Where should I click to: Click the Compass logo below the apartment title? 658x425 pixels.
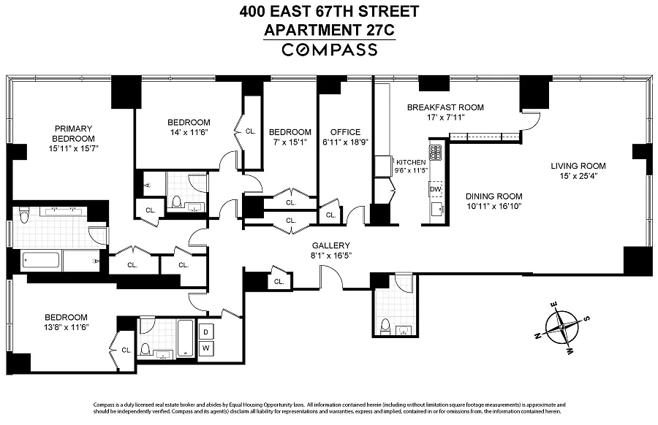point(330,50)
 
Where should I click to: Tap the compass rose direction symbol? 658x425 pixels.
point(561,327)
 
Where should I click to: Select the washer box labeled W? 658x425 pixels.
point(206,348)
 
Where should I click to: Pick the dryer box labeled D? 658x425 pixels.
point(206,332)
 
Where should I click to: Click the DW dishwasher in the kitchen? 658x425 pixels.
point(436,189)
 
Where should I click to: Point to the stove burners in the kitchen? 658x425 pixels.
point(436,152)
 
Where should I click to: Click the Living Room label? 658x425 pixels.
point(578,166)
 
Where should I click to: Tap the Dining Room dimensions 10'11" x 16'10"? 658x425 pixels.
point(494,206)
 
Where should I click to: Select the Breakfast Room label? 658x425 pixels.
point(445,107)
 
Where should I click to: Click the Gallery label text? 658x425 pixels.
point(330,245)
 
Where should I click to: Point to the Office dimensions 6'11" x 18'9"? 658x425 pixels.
point(345,142)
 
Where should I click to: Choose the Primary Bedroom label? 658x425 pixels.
point(73,134)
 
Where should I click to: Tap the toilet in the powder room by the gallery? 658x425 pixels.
point(385,326)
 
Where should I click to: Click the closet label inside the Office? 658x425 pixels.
point(330,215)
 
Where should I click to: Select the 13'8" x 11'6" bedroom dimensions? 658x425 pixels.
point(67,327)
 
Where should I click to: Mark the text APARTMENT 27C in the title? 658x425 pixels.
point(330,30)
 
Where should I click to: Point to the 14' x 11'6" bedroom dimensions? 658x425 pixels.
point(189,132)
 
